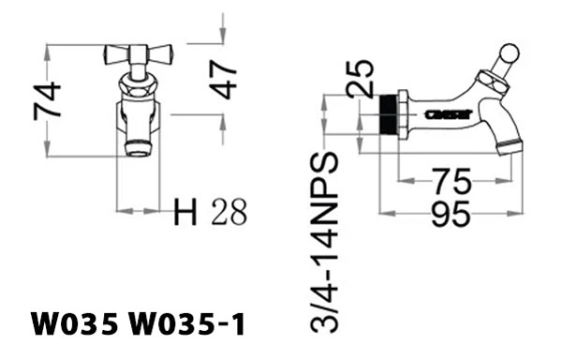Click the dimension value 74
point(48,99)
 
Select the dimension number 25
point(360,79)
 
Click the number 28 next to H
point(229,214)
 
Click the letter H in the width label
point(186,214)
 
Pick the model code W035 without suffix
point(74,324)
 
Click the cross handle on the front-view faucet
point(137,54)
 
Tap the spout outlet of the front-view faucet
point(137,148)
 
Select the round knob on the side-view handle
point(509,52)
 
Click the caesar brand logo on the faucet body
point(439,114)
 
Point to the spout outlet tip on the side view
point(508,147)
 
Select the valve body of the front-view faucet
point(137,114)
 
